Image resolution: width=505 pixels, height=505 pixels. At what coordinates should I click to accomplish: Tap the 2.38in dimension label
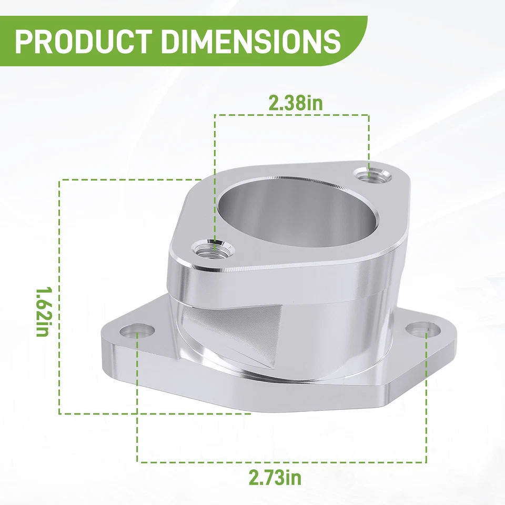pos(295,103)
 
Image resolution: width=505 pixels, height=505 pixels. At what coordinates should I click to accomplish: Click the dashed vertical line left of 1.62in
pos(59,295)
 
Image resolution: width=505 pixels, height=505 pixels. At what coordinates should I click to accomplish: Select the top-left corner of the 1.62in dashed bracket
pos(60,180)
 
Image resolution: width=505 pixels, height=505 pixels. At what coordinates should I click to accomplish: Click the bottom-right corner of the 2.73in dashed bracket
pos(426,462)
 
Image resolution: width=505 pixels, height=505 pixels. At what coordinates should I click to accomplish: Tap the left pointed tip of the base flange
pos(102,337)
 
